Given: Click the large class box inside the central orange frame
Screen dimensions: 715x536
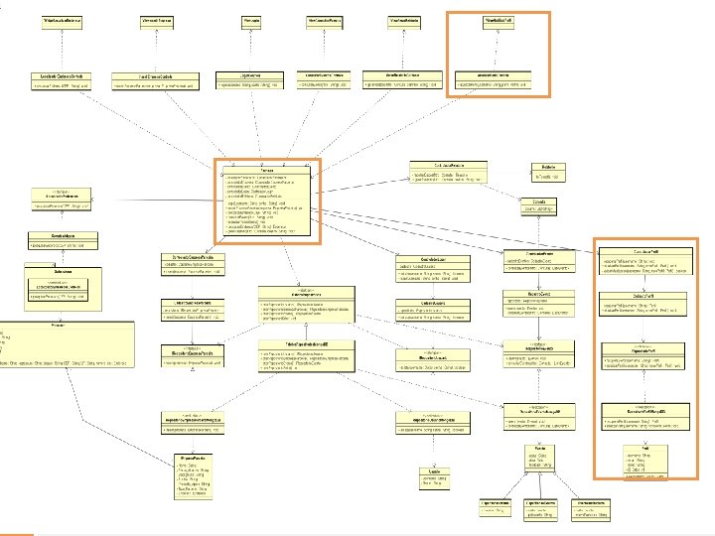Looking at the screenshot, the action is pos(267,199).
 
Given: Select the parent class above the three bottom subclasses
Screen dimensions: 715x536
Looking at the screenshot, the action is pos(537,459).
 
